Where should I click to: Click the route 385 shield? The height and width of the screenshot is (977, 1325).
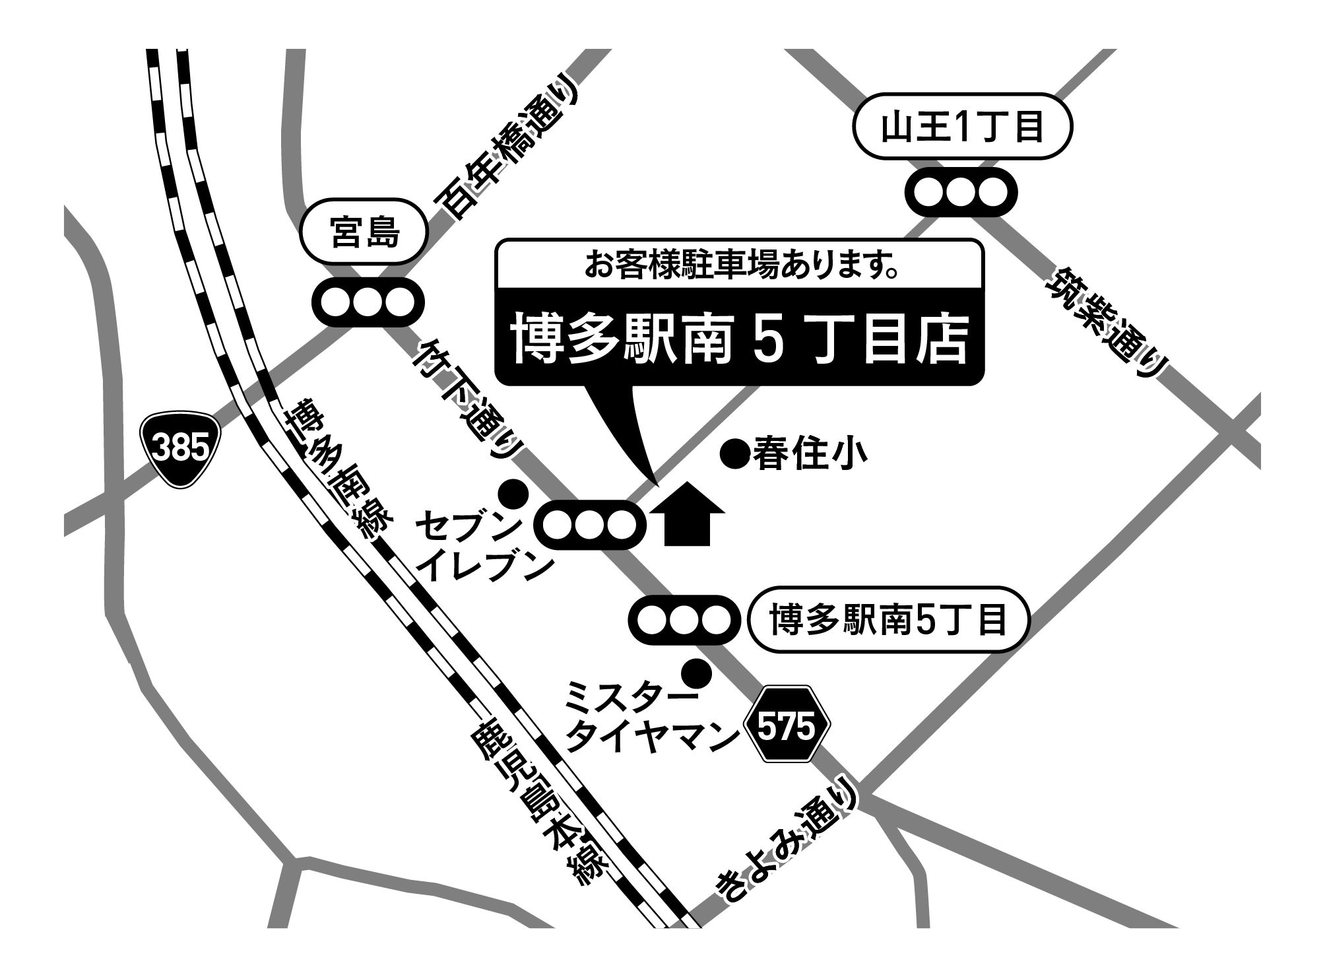(x=180, y=450)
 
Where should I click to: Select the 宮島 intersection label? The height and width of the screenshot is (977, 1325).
(x=365, y=233)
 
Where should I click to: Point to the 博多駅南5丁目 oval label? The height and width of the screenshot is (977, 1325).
(x=888, y=621)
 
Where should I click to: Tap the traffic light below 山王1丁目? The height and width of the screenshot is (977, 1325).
(x=960, y=192)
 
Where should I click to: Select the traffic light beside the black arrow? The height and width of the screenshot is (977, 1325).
(x=591, y=525)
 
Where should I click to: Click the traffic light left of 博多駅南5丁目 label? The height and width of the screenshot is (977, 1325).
(x=684, y=621)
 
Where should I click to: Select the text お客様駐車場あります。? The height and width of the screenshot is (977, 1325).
(x=739, y=265)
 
